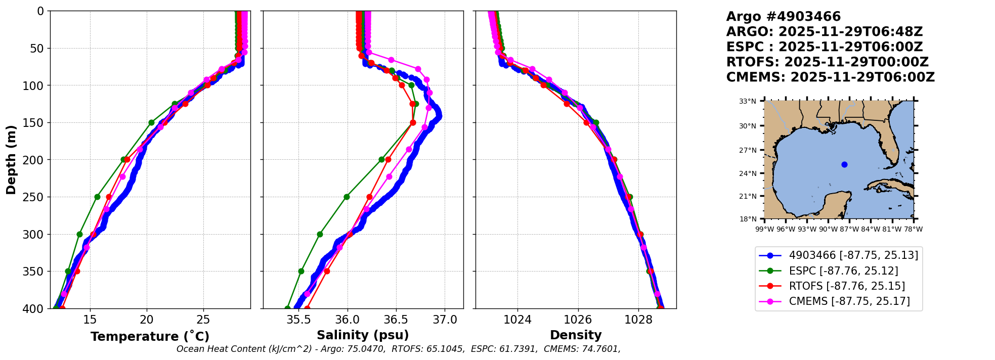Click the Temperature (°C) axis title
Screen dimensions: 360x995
[150, 337]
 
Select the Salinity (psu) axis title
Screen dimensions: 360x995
[363, 335]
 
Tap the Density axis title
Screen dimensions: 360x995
[576, 335]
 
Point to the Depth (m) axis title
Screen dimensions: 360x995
[11, 160]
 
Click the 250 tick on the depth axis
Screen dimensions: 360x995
[35, 197]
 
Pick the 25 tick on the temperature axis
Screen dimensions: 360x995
[203, 320]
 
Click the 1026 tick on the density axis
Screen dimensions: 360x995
[578, 320]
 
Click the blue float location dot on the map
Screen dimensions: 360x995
[844, 164]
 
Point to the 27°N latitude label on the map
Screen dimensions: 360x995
[748, 150]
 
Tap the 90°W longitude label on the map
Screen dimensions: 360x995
[829, 229]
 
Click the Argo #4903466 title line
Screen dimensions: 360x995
[783, 17]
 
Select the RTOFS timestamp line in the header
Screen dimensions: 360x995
[827, 62]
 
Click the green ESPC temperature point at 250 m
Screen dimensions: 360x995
[97, 197]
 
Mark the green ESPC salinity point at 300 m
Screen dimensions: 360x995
[320, 234]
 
